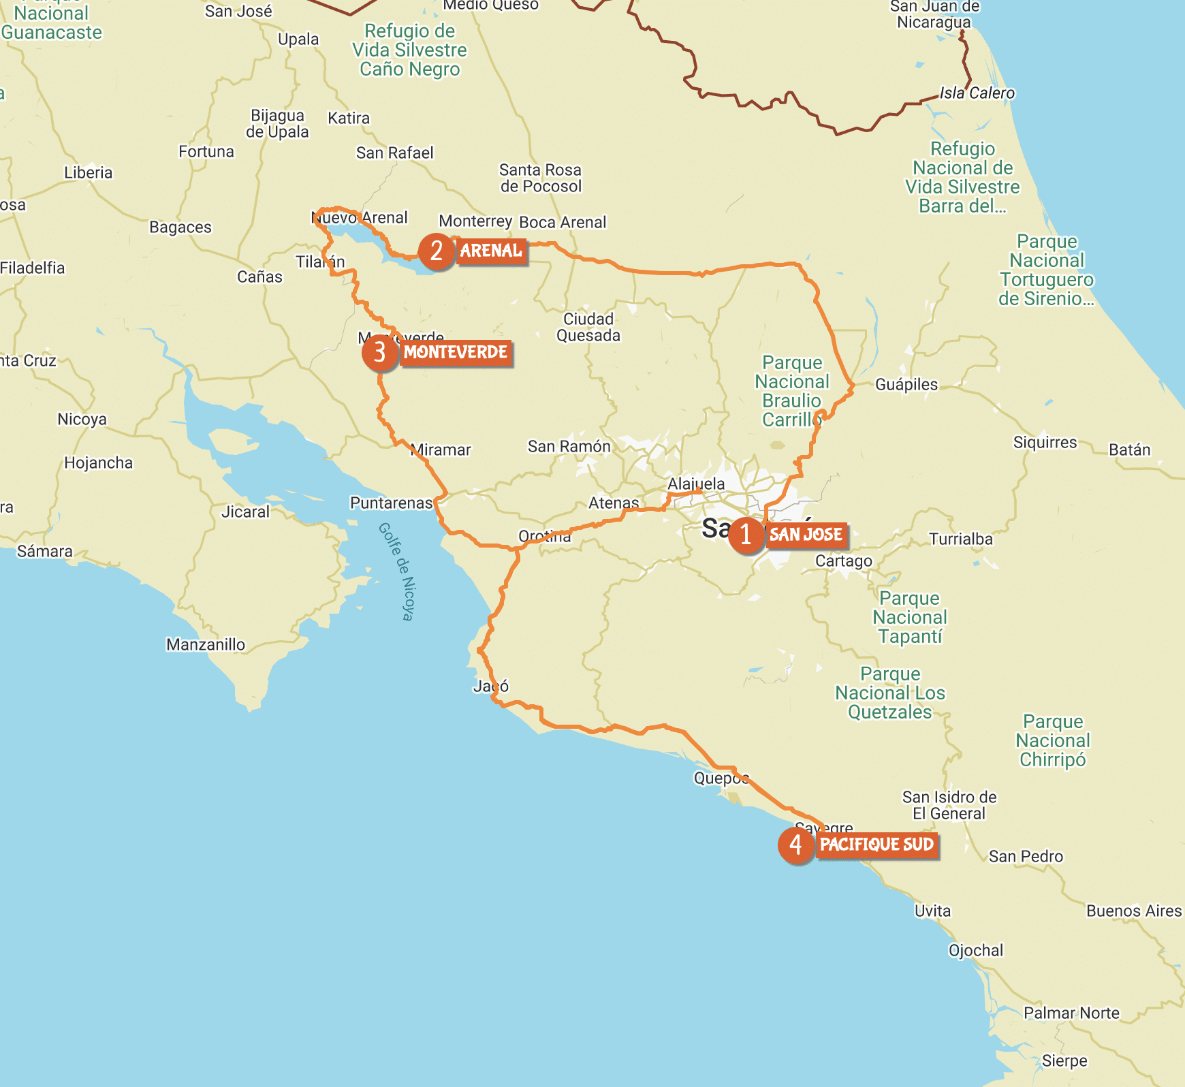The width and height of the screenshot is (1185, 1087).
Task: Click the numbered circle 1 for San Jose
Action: pyautogui.click(x=746, y=535)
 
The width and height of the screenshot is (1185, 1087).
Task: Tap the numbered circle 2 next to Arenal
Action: pyautogui.click(x=436, y=251)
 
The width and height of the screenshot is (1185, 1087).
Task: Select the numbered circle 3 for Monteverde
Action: pyautogui.click(x=379, y=352)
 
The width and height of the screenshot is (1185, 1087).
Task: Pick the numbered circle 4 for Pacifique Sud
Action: pyautogui.click(x=795, y=845)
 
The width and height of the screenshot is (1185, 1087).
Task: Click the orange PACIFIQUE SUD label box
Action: pyautogui.click(x=876, y=845)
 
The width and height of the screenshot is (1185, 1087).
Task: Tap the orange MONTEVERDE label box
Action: pyautogui.click(x=456, y=353)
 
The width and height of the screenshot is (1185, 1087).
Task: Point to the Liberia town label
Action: pyautogui.click(x=88, y=173)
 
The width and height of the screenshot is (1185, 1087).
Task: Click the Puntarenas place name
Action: pyautogui.click(x=391, y=503)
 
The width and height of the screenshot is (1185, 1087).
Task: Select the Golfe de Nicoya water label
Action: pyautogui.click(x=396, y=571)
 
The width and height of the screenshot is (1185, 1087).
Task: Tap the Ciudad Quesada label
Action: pyautogui.click(x=588, y=328)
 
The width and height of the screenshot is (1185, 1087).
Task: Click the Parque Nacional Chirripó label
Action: pyautogui.click(x=1052, y=741)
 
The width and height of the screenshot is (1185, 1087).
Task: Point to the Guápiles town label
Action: pyautogui.click(x=906, y=385)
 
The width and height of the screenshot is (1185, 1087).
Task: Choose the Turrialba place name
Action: pyautogui.click(x=960, y=539)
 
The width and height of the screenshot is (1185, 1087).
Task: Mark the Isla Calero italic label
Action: pyautogui.click(x=977, y=93)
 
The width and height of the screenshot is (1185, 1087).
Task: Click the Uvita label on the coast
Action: pyautogui.click(x=932, y=911)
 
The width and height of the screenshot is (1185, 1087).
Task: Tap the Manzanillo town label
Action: pyautogui.click(x=206, y=645)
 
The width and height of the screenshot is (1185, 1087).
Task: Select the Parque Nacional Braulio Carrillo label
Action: pyautogui.click(x=792, y=392)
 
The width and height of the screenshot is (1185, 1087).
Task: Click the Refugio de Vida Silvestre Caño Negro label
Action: pyautogui.click(x=409, y=50)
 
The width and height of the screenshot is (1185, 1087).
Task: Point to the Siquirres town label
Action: pyautogui.click(x=1045, y=443)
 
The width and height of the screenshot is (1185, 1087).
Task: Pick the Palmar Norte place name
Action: pyautogui.click(x=1071, y=1013)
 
